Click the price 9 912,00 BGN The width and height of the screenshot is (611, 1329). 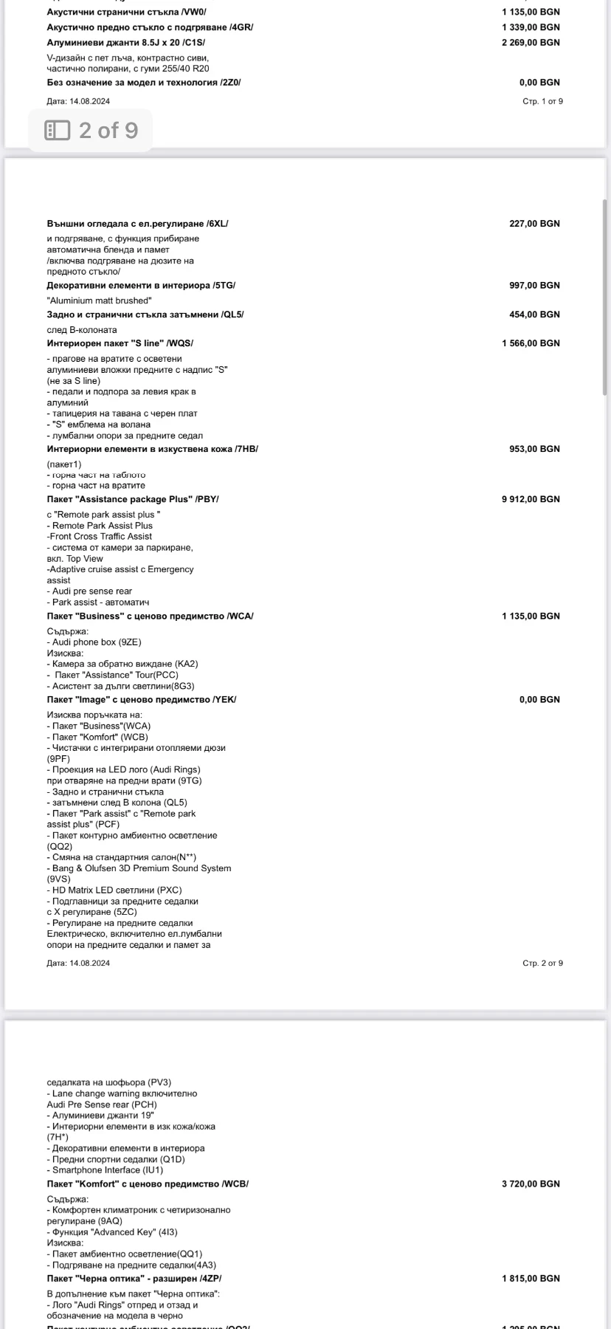[x=531, y=499]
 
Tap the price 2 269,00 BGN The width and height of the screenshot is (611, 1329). [x=531, y=42]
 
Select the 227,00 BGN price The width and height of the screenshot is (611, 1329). [x=534, y=223]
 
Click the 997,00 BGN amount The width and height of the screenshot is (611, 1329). [x=534, y=285]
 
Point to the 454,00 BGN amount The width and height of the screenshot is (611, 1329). [x=534, y=315]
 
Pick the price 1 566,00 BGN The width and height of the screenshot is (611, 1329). [x=531, y=343]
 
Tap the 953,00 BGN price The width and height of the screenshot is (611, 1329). [x=534, y=449]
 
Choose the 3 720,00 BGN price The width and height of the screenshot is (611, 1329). [x=531, y=1184]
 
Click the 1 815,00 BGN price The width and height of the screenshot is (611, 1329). [x=531, y=1278]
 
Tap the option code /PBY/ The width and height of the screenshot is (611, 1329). [x=207, y=499]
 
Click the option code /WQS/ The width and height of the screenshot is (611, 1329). [x=180, y=343]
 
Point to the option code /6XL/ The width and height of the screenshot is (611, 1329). [x=217, y=223]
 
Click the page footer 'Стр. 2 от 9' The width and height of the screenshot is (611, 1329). [x=542, y=963]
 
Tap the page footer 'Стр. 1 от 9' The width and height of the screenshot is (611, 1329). [x=542, y=101]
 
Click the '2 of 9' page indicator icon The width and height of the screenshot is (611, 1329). [x=58, y=131]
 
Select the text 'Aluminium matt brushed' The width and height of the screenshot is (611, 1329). [x=99, y=301]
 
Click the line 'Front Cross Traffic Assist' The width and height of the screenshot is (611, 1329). [x=100, y=536]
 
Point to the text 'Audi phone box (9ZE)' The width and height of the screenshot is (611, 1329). [x=97, y=642]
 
